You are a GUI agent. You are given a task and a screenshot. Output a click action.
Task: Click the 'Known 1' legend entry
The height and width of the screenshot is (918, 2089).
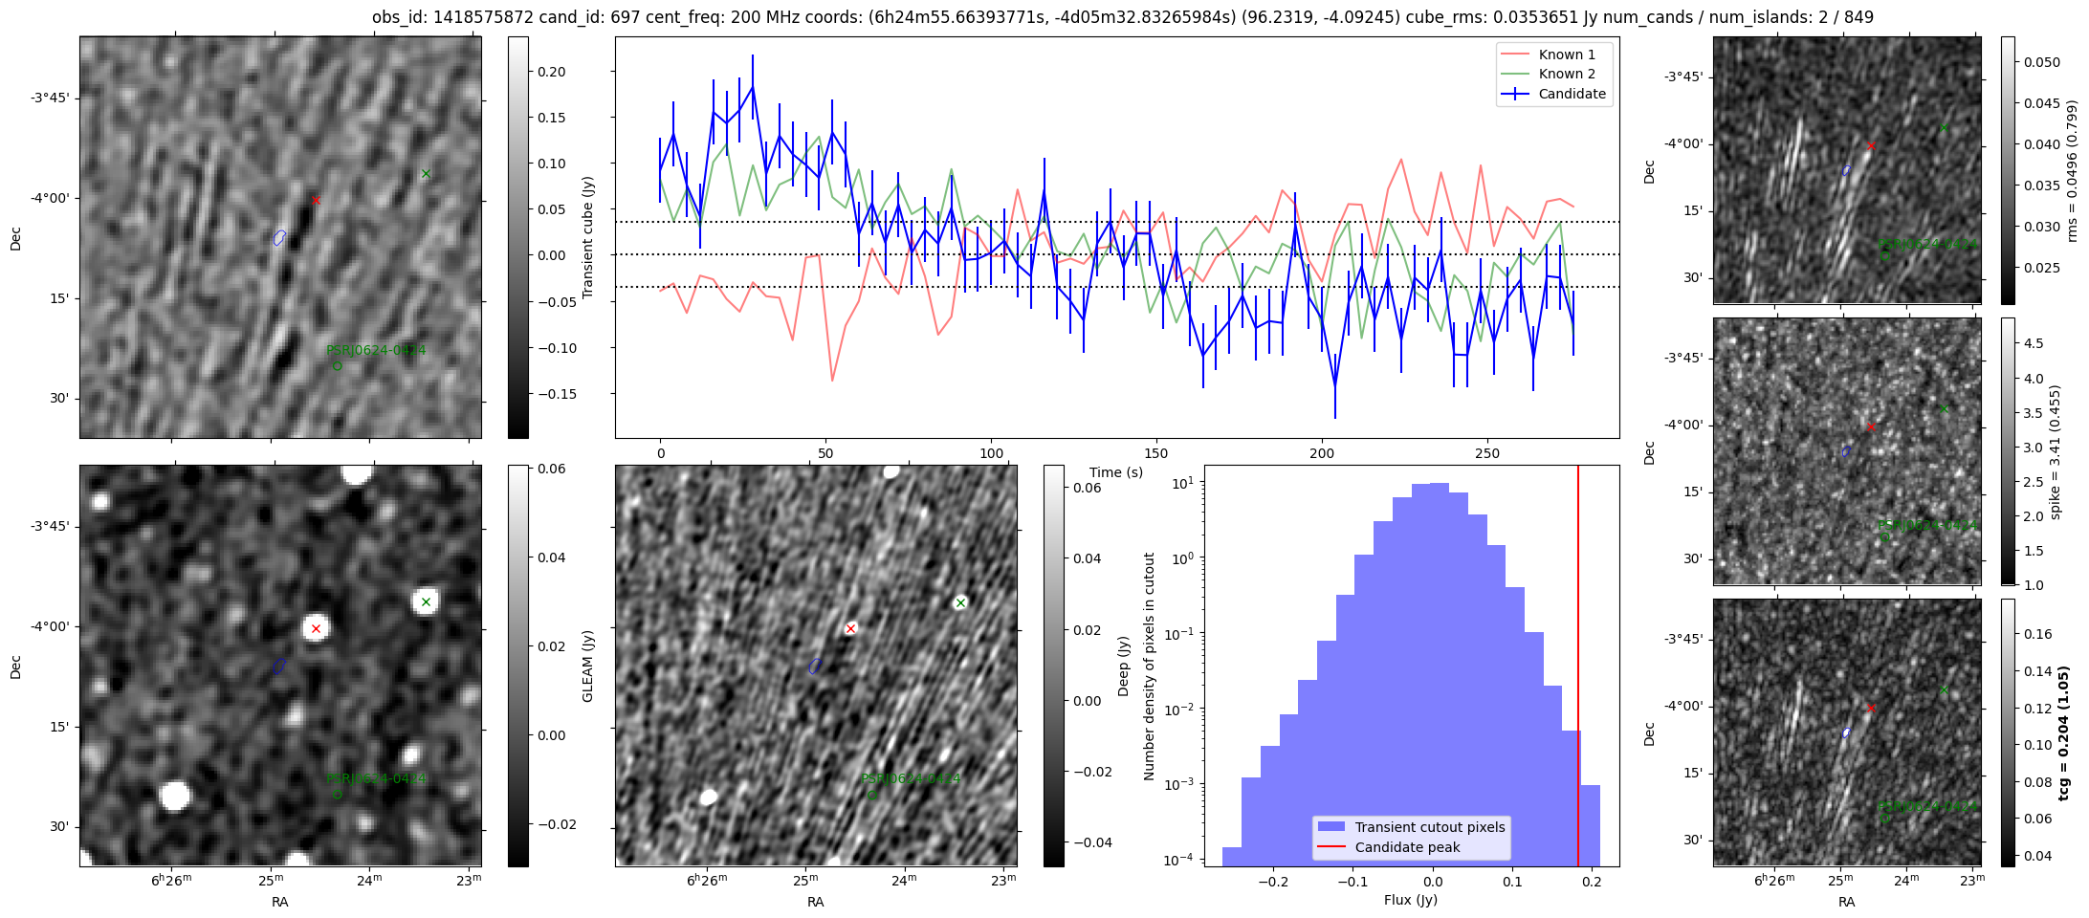click(1567, 55)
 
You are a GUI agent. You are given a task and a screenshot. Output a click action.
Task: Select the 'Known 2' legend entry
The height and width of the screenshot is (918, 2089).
click(1567, 74)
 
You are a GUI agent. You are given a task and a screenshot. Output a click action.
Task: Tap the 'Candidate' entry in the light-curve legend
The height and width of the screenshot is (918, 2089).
click(1572, 94)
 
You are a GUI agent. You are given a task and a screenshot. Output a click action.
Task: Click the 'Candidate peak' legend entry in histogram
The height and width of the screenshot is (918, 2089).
click(1407, 847)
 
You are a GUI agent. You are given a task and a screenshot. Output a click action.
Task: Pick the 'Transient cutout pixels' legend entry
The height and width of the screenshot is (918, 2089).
click(1429, 827)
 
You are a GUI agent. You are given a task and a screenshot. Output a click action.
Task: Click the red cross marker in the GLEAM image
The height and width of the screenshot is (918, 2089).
click(316, 628)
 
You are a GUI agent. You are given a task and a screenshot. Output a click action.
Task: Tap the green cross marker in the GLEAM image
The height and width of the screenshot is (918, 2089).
click(426, 601)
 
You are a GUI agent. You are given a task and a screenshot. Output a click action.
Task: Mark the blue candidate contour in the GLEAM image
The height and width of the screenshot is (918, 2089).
click(279, 666)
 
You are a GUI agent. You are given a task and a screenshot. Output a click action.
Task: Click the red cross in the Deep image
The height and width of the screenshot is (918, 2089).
click(850, 628)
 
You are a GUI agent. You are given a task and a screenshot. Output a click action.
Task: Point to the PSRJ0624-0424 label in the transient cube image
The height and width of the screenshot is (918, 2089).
click(376, 351)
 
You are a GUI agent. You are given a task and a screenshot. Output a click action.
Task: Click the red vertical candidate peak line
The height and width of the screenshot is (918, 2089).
click(1578, 669)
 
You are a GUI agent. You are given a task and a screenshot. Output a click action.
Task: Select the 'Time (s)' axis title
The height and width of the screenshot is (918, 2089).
click(1116, 472)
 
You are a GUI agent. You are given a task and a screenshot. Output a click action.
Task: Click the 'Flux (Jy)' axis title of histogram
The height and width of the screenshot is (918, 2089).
click(1411, 900)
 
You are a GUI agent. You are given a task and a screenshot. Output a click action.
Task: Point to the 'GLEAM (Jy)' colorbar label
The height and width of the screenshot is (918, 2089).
click(587, 666)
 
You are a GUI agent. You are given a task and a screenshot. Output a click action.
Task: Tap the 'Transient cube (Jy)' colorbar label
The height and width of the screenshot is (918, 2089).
click(587, 237)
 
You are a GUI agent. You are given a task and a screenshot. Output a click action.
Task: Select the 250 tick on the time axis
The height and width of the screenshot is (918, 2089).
click(1486, 453)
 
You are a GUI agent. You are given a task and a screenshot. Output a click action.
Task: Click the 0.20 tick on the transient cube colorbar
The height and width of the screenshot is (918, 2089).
click(551, 72)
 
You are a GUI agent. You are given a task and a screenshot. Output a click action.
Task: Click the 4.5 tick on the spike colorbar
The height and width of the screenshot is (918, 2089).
click(2034, 343)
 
